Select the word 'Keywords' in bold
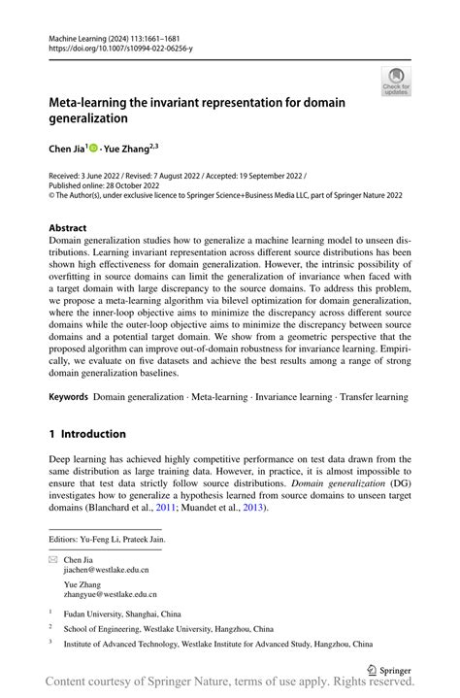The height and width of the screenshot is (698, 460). pos(69,397)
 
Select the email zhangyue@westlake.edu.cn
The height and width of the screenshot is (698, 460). pos(111,594)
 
